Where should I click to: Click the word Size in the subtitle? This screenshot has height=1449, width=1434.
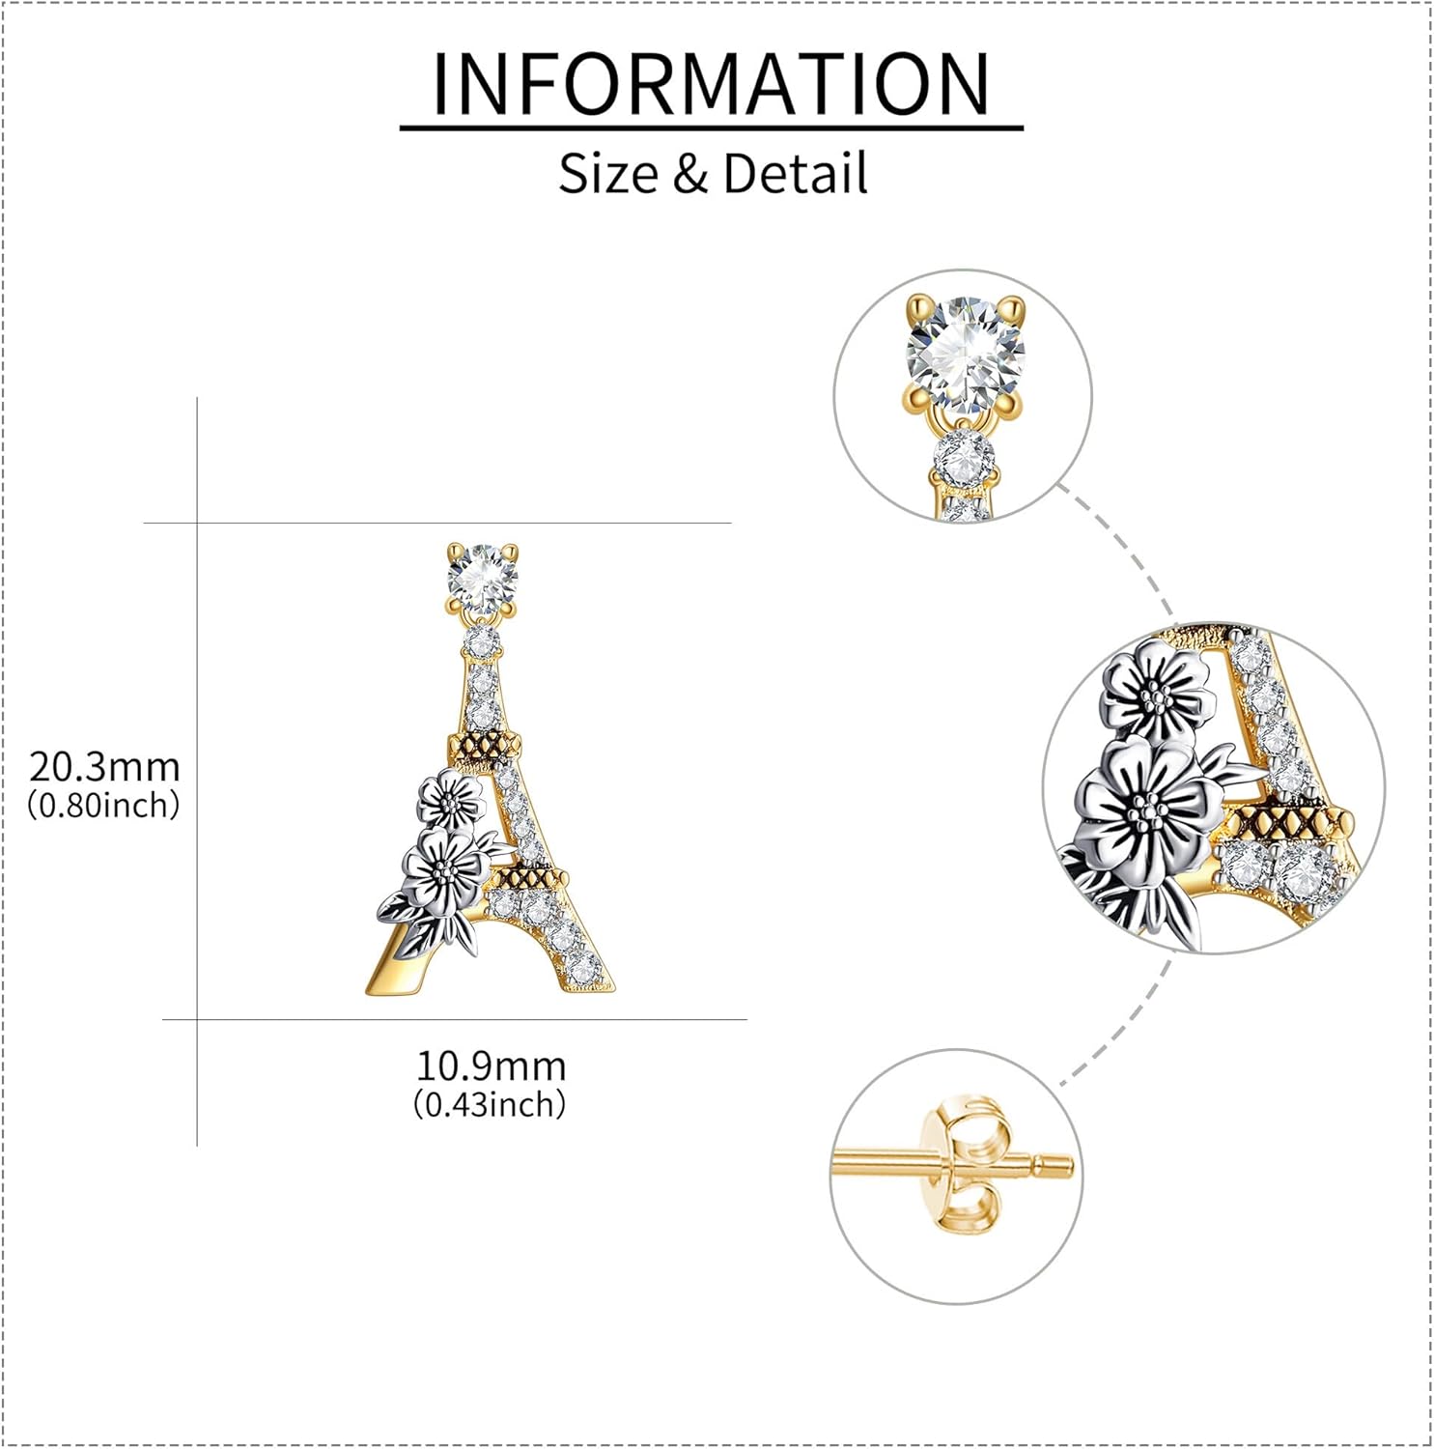tap(608, 174)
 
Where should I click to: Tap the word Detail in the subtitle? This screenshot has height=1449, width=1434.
tap(795, 174)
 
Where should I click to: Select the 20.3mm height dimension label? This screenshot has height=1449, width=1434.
tap(104, 767)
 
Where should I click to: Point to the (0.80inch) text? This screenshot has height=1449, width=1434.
tap(103, 805)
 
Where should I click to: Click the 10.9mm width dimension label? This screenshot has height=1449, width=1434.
tap(491, 1066)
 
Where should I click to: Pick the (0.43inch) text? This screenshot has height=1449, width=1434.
tap(490, 1104)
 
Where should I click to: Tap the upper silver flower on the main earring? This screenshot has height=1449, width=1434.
tap(450, 801)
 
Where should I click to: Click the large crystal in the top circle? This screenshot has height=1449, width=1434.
tap(964, 354)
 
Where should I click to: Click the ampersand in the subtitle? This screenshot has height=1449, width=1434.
tap(689, 174)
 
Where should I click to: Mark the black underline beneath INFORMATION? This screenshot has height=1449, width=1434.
tap(711, 128)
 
